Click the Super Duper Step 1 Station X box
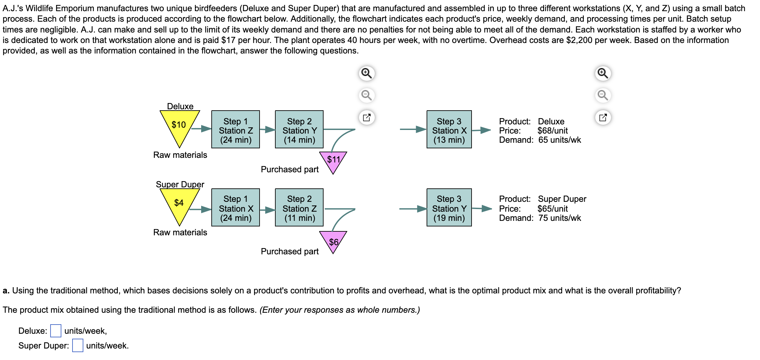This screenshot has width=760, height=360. click(x=236, y=208)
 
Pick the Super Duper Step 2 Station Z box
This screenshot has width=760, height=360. click(x=299, y=208)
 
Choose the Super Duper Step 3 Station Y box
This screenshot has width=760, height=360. click(x=449, y=208)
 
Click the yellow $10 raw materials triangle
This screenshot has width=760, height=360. click(x=179, y=126)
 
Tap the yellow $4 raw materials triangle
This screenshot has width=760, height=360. click(x=179, y=204)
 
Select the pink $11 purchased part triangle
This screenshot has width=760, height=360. click(x=333, y=160)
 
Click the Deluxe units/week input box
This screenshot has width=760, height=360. click(x=56, y=331)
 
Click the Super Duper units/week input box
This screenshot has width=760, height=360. click(x=78, y=346)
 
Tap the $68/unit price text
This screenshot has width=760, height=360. click(x=553, y=131)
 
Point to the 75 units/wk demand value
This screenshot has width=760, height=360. click(x=559, y=218)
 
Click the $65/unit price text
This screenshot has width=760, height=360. click(x=553, y=209)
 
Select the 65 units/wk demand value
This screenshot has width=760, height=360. click(x=559, y=140)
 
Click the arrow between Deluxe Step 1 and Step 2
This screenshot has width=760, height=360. click(x=267, y=130)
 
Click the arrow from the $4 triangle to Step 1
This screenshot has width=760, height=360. click(x=201, y=209)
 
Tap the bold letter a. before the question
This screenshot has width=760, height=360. click(x=6, y=290)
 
